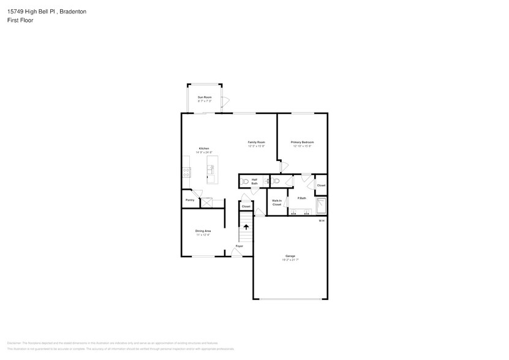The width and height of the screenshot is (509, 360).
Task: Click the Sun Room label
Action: [x=205, y=97]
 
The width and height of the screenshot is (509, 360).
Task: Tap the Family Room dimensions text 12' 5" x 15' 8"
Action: [x=256, y=146]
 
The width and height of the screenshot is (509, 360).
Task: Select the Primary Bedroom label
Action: [x=303, y=142]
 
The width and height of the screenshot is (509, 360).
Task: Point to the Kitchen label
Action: [x=204, y=149]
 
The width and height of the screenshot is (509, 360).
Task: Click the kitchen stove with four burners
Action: [x=186, y=171]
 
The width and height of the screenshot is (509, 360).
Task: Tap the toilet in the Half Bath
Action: [x=245, y=182]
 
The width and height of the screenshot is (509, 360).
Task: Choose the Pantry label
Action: [x=190, y=200]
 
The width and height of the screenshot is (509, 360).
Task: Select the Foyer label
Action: [x=239, y=246]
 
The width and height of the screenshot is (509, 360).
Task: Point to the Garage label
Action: [x=290, y=256]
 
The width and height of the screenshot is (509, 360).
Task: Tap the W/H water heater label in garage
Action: [x=321, y=221]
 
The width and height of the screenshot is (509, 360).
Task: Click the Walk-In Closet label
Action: [x=277, y=203]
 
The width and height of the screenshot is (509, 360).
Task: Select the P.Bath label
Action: [x=301, y=198]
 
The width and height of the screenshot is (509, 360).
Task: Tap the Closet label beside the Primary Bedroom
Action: [x=321, y=185]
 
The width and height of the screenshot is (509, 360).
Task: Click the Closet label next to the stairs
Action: [x=246, y=206]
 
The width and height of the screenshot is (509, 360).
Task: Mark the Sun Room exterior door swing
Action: [x=225, y=101]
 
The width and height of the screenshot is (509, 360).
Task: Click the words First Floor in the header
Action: [x=21, y=20]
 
